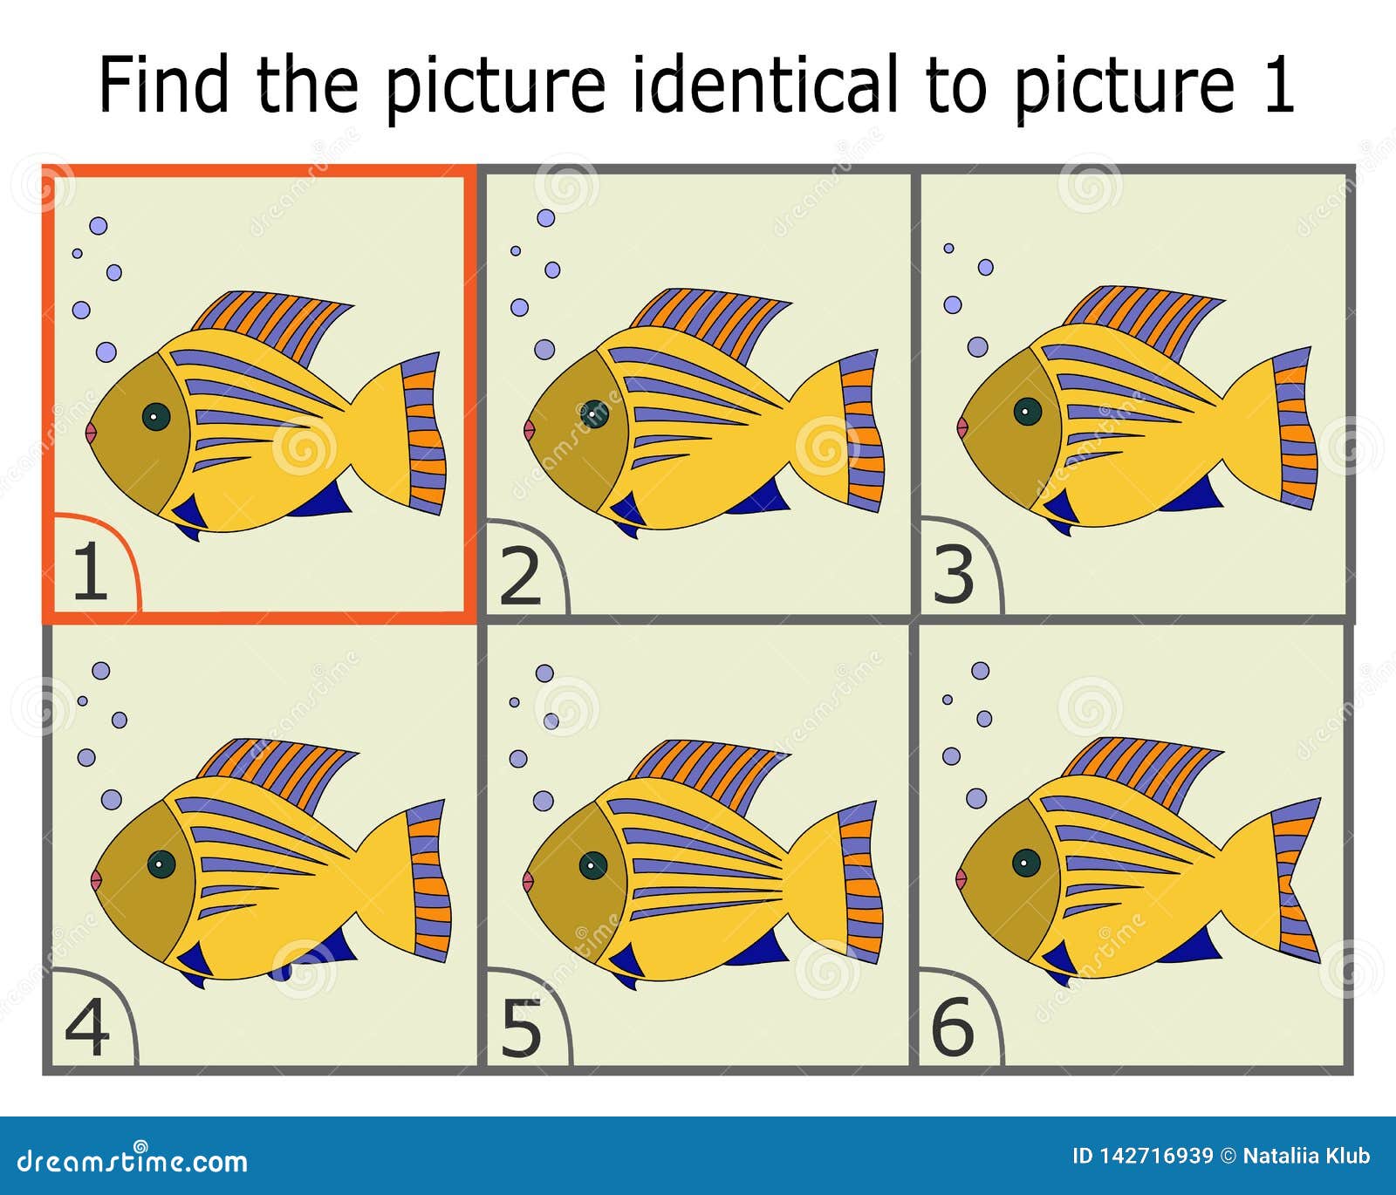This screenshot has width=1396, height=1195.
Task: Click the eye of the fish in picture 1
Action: (x=155, y=417)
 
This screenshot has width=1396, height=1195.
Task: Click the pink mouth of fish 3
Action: (x=962, y=427)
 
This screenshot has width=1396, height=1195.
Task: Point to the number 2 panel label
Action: (x=521, y=577)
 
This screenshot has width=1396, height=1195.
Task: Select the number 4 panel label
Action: (x=87, y=1028)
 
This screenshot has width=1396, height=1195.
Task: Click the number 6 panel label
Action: (x=953, y=1028)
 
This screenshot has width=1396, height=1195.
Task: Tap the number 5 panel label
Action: (x=522, y=1028)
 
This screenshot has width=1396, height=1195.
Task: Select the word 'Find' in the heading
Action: (x=163, y=85)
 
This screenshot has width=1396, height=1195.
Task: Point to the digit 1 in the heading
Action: (x=1278, y=85)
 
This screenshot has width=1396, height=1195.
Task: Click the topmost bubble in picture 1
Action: (x=99, y=226)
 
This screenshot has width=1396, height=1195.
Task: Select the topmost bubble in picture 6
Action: (x=981, y=671)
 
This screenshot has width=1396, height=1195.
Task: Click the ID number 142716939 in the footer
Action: (x=1142, y=1157)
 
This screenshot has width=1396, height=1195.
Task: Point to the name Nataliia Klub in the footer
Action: (x=1306, y=1157)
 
